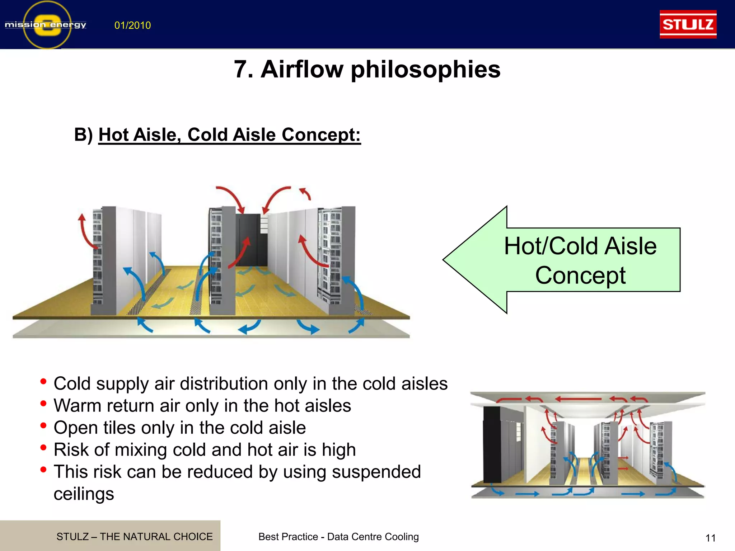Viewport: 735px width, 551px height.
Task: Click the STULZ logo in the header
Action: (688, 24)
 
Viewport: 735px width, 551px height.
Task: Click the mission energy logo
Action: (46, 24)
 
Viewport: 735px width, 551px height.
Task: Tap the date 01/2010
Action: (132, 25)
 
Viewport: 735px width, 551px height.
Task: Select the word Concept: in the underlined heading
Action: (321, 135)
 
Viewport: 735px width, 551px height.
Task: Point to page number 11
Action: (711, 538)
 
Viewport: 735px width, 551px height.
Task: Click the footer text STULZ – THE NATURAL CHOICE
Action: (134, 537)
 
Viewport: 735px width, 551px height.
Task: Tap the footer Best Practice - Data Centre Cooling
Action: (338, 537)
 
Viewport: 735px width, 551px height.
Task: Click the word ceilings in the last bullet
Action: (84, 494)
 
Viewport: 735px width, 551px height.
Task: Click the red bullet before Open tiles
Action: (43, 426)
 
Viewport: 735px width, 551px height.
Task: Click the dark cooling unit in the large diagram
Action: (251, 239)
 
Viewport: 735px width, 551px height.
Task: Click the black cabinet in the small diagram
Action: (492, 445)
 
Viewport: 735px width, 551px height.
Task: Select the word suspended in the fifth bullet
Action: (376, 472)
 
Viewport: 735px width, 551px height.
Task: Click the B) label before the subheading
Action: (83, 135)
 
